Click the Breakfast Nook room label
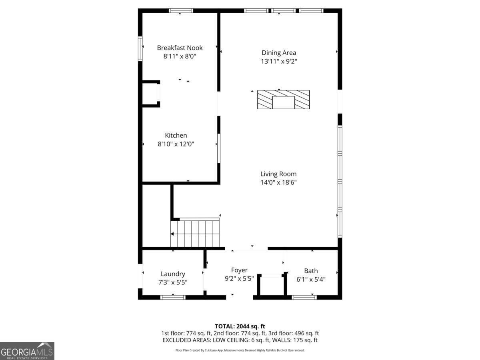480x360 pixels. (x=180, y=48)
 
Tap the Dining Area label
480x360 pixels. (x=279, y=53)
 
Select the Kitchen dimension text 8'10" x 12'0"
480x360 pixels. (x=176, y=144)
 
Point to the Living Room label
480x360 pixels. (x=278, y=174)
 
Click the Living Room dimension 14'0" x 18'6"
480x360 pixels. (x=278, y=182)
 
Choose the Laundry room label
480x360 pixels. (x=173, y=274)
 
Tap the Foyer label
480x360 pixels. (x=239, y=270)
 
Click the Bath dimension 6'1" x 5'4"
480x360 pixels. (x=311, y=279)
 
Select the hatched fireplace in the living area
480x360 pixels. (x=284, y=100)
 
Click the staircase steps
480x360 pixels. (x=195, y=234)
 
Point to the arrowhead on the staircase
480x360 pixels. (x=172, y=234)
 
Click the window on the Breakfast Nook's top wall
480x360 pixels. (x=181, y=10)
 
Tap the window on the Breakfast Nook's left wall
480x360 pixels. (x=140, y=48)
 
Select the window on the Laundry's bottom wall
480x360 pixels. (x=173, y=297)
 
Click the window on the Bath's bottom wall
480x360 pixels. (x=304, y=297)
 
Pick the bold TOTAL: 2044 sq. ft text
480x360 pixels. (x=240, y=326)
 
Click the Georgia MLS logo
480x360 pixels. (x=27, y=351)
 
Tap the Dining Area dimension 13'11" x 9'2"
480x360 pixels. (x=279, y=61)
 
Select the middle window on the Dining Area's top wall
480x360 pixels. (x=284, y=10)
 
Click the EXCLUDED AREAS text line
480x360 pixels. (x=240, y=340)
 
